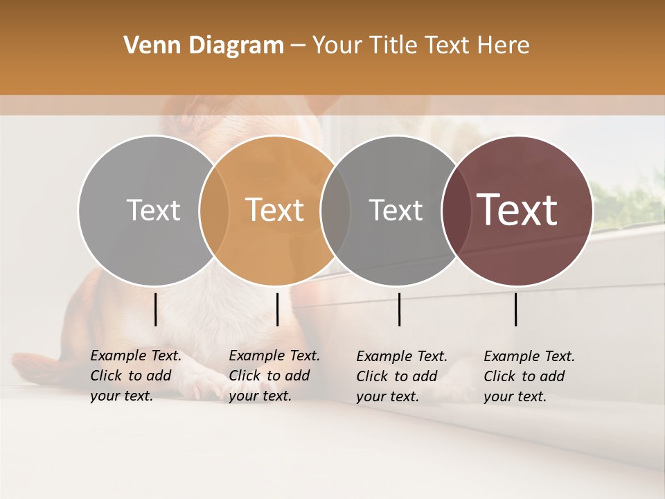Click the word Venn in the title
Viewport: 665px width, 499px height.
pyautogui.click(x=148, y=46)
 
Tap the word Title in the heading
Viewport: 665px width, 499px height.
pyautogui.click(x=392, y=46)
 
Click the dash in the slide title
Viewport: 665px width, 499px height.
pyautogui.click(x=298, y=46)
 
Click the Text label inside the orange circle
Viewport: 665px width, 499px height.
pyautogui.click(x=275, y=210)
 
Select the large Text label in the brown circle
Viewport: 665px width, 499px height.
pyautogui.click(x=517, y=210)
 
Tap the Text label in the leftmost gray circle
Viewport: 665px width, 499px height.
pyautogui.click(x=153, y=210)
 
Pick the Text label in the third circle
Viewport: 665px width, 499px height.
pyautogui.click(x=396, y=210)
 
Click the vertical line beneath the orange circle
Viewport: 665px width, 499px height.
pyautogui.click(x=277, y=309)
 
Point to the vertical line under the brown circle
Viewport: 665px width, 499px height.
pyautogui.click(x=516, y=309)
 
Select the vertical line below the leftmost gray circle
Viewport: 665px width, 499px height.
pyautogui.click(x=155, y=309)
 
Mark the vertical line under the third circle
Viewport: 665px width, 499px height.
pyautogui.click(x=399, y=309)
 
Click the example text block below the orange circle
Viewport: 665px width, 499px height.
pyautogui.click(x=274, y=376)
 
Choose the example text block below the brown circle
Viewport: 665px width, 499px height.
pyautogui.click(x=529, y=376)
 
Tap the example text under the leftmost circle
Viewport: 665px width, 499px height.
pyautogui.click(x=136, y=376)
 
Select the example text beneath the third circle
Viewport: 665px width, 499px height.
pyautogui.click(x=402, y=376)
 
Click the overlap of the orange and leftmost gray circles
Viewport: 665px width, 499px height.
pyautogui.click(x=214, y=211)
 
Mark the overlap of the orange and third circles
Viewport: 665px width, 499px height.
pyautogui.click(x=335, y=211)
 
